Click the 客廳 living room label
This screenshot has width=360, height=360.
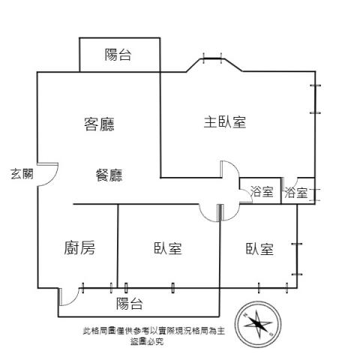(x=99, y=124)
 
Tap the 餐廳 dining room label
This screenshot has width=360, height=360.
(x=109, y=175)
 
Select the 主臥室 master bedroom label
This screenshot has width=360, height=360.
(x=225, y=122)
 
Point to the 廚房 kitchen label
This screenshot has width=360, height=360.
(x=79, y=247)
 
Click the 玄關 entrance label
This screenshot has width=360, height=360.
(x=22, y=174)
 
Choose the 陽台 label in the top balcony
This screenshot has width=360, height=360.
(x=118, y=55)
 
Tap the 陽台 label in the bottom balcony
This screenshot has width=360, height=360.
(x=130, y=304)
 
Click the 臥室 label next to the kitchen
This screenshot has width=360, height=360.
(x=168, y=248)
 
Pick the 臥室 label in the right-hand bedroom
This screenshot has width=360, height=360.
(x=259, y=249)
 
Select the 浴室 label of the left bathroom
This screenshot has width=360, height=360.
(x=262, y=192)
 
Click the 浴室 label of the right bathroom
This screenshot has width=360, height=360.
(x=296, y=193)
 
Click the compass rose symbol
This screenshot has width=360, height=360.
(x=258, y=324)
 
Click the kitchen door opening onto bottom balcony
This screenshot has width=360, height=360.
(x=73, y=299)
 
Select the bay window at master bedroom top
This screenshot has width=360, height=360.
(x=212, y=58)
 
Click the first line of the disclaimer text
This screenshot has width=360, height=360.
(x=154, y=331)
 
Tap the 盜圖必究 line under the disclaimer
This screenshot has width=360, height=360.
(x=147, y=341)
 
